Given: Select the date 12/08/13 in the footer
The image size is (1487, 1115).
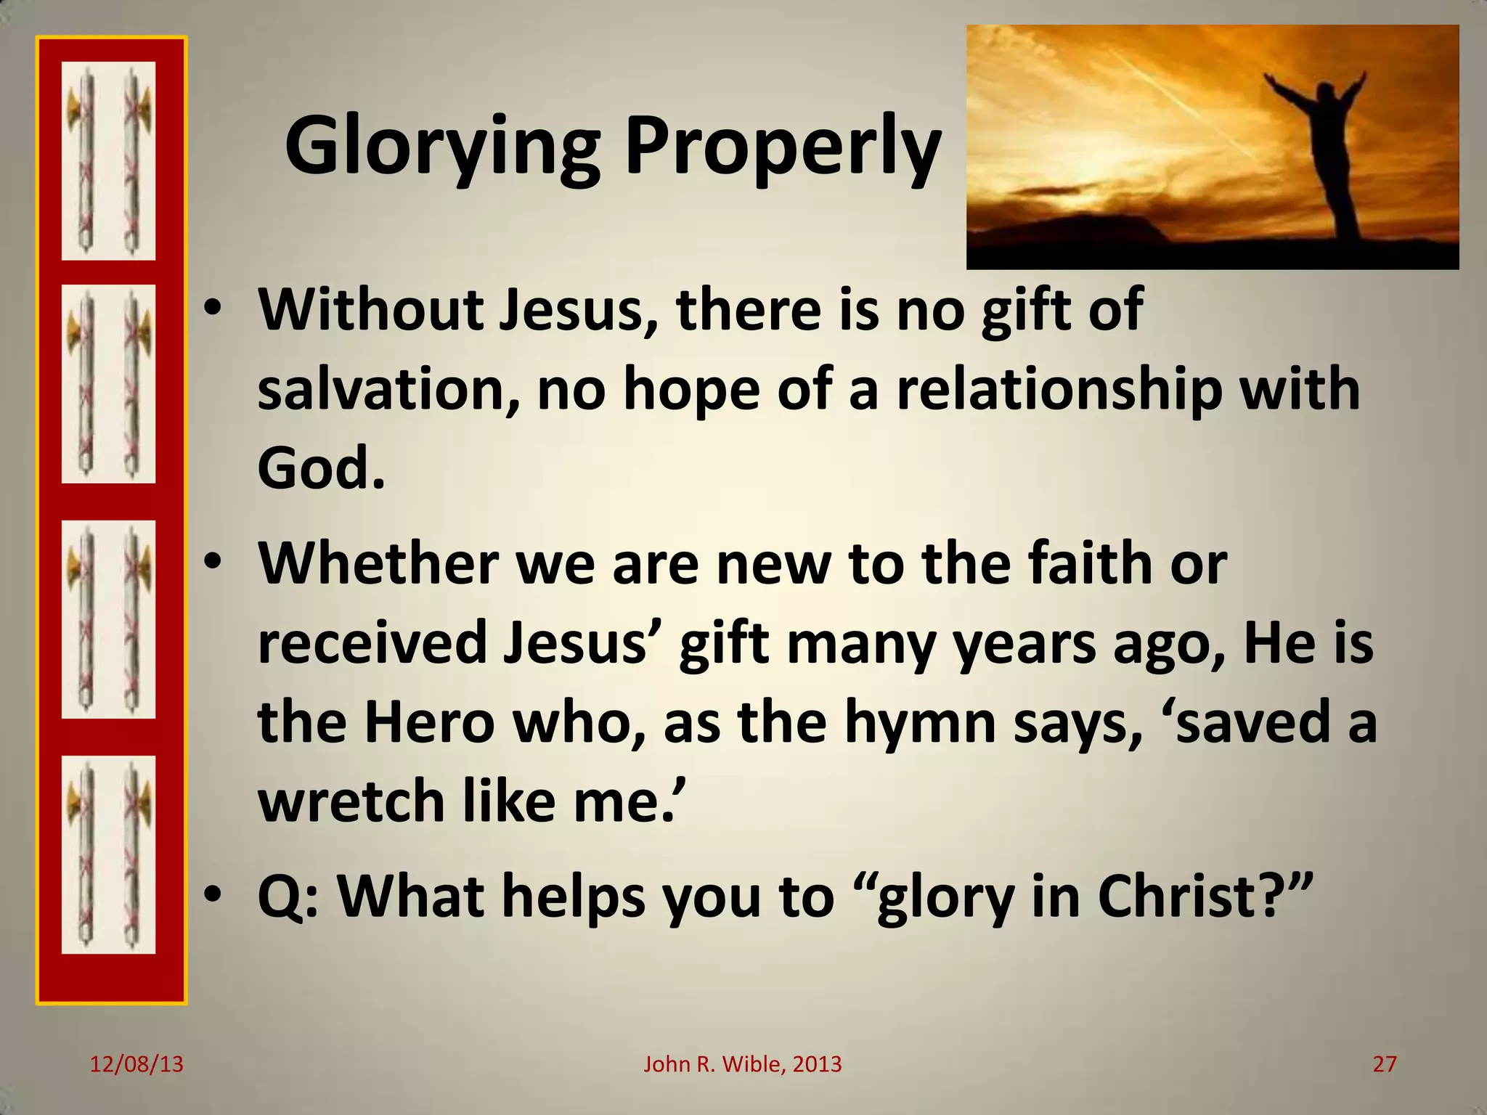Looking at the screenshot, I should (137, 1065).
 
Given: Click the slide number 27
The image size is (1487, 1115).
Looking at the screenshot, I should (1385, 1065).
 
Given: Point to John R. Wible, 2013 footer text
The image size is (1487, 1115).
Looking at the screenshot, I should (742, 1065).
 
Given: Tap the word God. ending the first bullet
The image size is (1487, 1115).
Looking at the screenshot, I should (320, 468).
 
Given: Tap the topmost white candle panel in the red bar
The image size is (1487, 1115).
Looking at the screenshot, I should (108, 160).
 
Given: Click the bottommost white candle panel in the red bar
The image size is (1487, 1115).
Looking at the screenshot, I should (108, 854).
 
